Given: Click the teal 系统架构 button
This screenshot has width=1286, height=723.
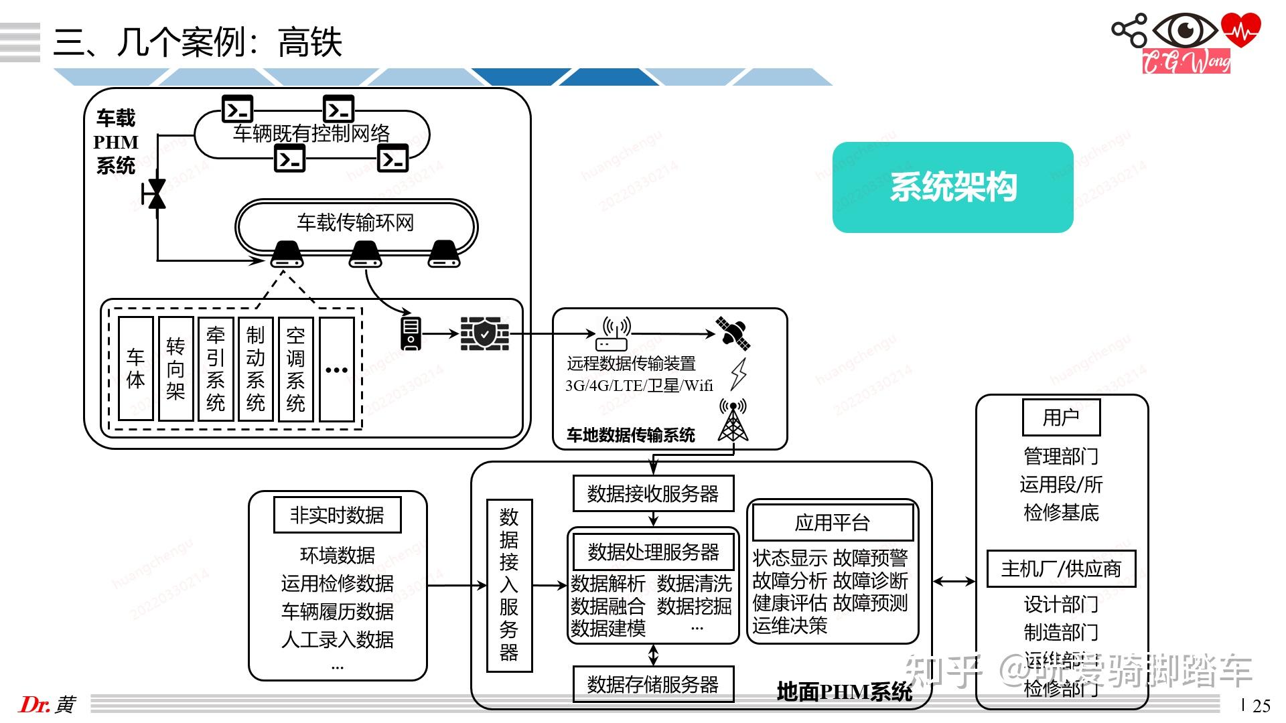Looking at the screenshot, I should (952, 187).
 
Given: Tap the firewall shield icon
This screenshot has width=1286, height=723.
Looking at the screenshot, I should (484, 334).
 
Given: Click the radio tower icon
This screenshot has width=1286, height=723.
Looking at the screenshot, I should (733, 421).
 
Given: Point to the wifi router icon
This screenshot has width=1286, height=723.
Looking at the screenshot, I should (612, 335).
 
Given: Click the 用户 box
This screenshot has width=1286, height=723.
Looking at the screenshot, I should (1061, 417).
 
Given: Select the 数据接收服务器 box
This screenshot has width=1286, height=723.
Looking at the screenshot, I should (653, 493).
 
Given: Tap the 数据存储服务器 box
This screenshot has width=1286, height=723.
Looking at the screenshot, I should (653, 684).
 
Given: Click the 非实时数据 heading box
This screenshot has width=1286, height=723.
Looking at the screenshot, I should (337, 515).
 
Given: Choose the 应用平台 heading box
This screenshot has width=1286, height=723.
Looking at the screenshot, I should (833, 523).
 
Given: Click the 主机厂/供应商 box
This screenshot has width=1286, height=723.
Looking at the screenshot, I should (1061, 569).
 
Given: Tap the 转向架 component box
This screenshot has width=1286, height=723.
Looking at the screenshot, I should (175, 369).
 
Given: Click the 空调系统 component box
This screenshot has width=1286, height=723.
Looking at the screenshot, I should (295, 369).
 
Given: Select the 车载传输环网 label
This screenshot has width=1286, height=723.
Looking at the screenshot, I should (356, 222).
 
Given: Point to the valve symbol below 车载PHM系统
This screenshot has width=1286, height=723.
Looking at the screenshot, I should (156, 194).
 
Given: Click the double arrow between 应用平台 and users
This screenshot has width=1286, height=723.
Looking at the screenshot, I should (954, 582).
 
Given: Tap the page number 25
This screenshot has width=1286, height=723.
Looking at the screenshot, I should (1261, 706).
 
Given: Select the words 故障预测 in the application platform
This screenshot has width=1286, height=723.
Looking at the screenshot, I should (870, 603).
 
